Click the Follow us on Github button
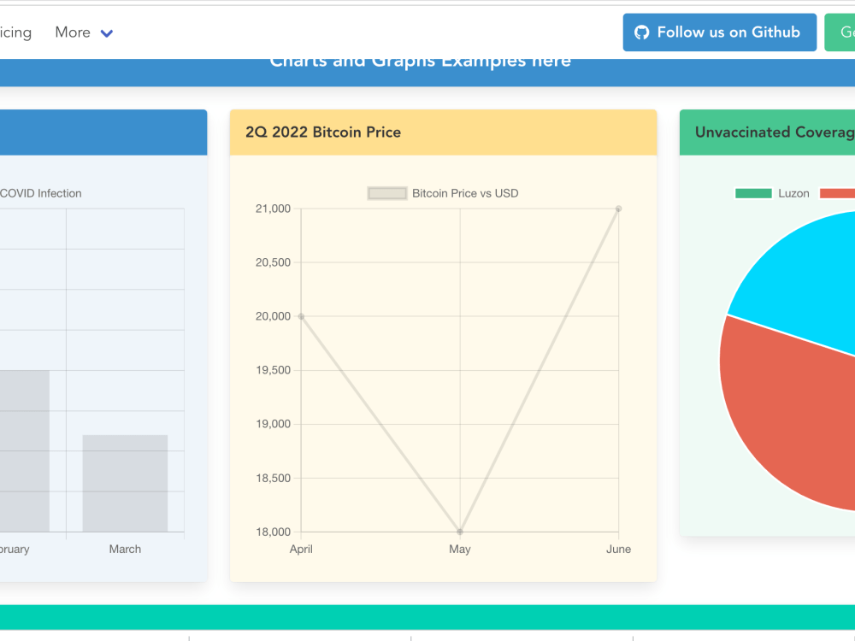(719, 32)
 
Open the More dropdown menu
(84, 32)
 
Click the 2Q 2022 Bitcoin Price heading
(323, 132)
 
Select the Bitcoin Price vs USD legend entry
(443, 193)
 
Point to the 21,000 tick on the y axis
(273, 209)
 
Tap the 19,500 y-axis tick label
(273, 370)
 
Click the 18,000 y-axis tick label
(273, 532)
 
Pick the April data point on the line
(301, 316)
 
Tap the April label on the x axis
(301, 549)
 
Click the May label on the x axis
(460, 549)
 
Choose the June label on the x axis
(618, 549)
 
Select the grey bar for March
(125, 483)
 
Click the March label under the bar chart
(125, 549)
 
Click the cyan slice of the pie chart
(795, 273)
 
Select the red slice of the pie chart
(787, 410)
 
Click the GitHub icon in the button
(642, 32)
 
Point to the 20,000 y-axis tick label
(273, 316)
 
